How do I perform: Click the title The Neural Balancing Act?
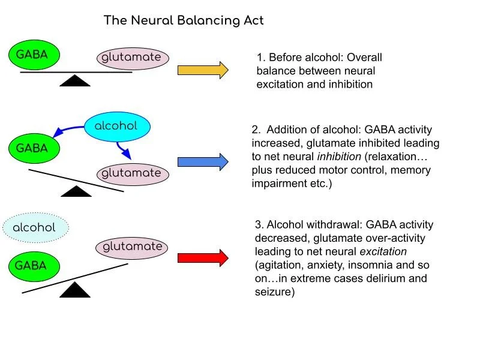184,20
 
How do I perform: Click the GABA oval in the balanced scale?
32,55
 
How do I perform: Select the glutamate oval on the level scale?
133,58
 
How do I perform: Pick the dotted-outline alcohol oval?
34,228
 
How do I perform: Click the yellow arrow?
203,70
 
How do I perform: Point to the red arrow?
203,258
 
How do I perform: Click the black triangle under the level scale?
76,81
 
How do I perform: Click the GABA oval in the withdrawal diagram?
32,265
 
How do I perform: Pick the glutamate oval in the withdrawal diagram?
133,247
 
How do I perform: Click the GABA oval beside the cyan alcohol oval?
32,148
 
